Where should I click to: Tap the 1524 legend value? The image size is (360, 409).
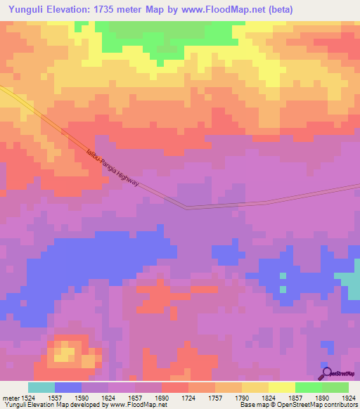tap(24, 397)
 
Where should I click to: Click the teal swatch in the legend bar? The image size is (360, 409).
tap(41, 387)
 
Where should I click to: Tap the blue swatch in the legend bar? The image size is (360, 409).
tap(68, 387)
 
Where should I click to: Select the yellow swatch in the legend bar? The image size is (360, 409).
tap(282, 387)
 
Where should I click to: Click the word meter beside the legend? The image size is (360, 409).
tap(8, 397)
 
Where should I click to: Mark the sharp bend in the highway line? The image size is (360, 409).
tap(188, 207)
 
